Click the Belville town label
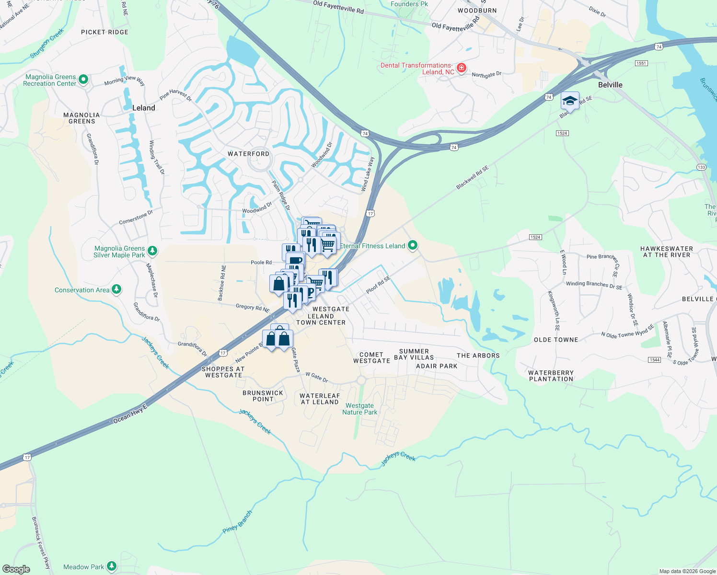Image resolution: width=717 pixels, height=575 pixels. tap(610, 85)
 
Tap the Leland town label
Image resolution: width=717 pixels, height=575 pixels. tap(143, 108)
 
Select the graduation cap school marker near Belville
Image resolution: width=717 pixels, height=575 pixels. tap(570, 101)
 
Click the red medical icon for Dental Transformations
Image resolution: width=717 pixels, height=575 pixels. tap(461, 68)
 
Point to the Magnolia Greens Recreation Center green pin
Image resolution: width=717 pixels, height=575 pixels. tap(83, 80)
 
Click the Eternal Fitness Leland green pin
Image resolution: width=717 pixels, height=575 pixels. tap(412, 246)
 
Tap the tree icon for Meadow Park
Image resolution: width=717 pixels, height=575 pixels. tap(112, 566)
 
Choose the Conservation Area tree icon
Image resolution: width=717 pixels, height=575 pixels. tap(116, 289)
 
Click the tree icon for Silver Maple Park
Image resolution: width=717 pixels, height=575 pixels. tap(152, 251)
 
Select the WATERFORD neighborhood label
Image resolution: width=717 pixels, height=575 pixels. tap(248, 154)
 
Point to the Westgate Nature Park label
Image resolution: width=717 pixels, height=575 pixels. tap(359, 409)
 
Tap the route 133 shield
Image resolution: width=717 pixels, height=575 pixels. tap(701, 167)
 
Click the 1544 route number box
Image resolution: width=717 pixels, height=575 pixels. tap(654, 359)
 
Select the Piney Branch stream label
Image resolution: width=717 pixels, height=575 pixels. tap(237, 522)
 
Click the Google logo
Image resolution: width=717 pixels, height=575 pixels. tap(16, 569)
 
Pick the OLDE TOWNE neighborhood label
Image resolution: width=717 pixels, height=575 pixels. tap(556, 340)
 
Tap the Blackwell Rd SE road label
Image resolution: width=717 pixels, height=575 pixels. tap(473, 177)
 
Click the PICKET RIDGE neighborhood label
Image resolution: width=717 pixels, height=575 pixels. tap(104, 32)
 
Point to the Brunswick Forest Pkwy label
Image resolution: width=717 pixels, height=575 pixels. tap(41, 542)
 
